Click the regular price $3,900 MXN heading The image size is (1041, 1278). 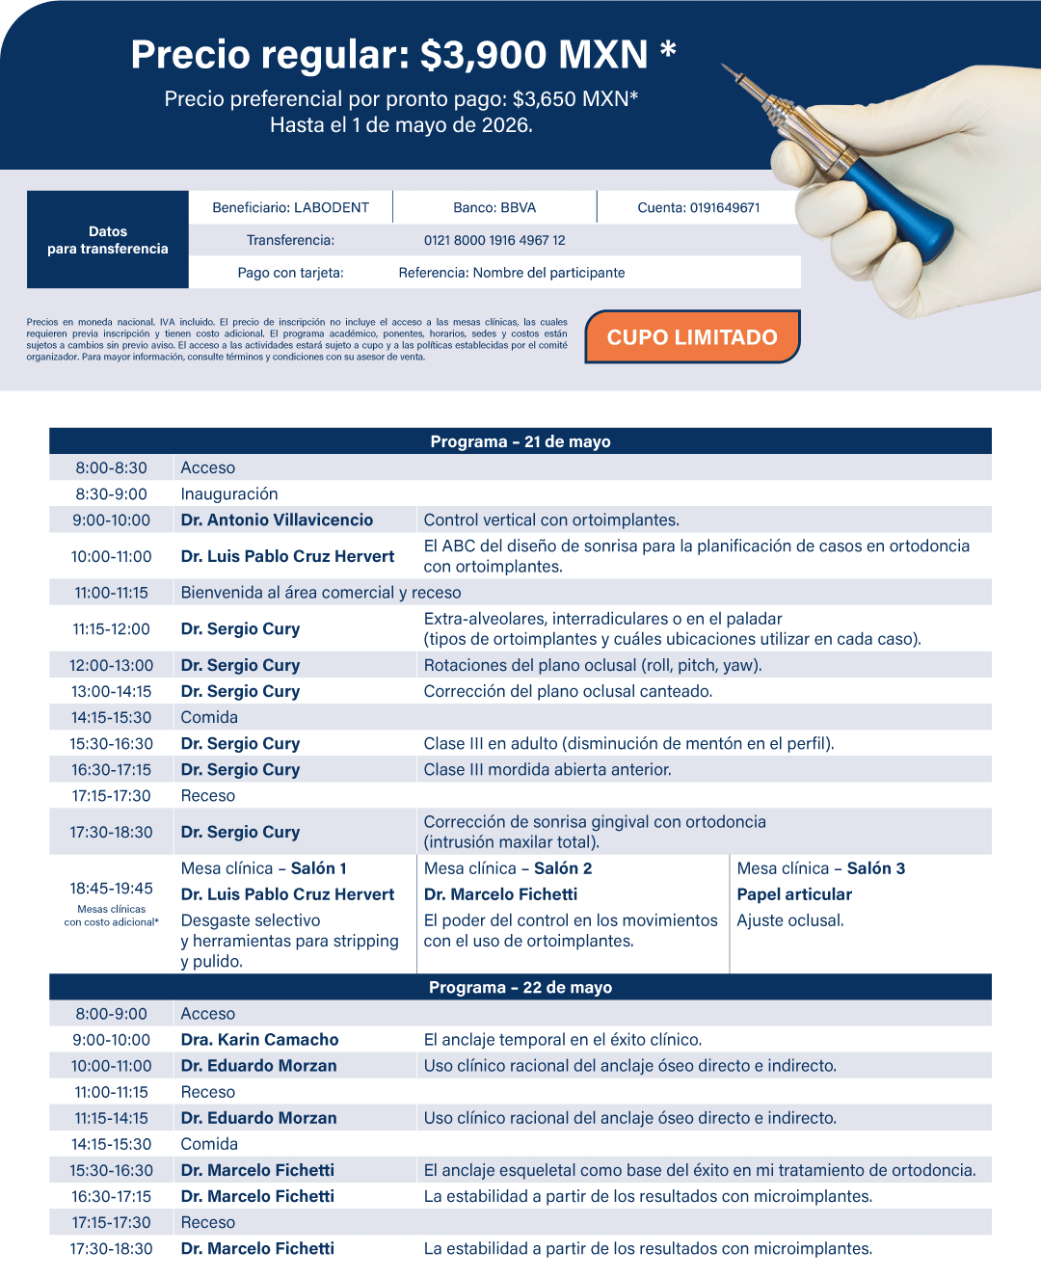(403, 55)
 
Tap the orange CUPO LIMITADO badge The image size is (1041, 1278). (692, 337)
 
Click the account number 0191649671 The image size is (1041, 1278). (699, 207)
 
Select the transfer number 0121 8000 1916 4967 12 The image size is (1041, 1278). (494, 240)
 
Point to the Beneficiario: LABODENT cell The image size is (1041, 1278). (290, 207)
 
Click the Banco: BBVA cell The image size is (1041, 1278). (494, 207)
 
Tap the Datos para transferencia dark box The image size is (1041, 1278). (108, 240)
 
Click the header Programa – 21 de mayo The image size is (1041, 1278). (520, 441)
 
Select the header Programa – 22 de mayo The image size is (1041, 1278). (520, 987)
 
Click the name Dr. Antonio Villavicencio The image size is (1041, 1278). (277, 519)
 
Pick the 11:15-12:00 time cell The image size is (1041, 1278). (112, 628)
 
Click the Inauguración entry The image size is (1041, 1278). (229, 493)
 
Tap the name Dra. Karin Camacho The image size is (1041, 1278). (260, 1039)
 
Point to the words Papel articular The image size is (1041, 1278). (794, 894)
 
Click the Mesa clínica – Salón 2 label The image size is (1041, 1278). (508, 868)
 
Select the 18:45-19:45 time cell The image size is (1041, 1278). (112, 889)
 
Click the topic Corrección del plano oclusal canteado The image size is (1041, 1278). (568, 691)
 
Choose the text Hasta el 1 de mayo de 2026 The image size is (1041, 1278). (401, 125)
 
